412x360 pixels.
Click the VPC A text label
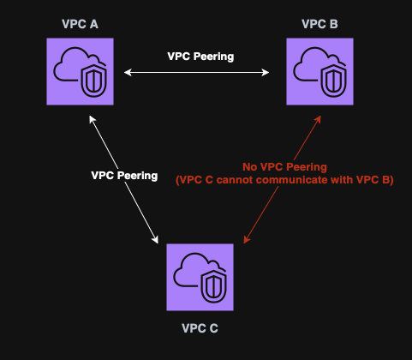click(80, 23)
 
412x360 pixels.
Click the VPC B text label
click(319, 23)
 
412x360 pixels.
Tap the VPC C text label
click(200, 327)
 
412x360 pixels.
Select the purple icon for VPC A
click(80, 73)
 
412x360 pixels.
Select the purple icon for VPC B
click(319, 73)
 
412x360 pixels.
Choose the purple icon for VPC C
click(200, 277)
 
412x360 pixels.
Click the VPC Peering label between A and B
click(200, 55)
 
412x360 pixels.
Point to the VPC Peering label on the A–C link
click(124, 175)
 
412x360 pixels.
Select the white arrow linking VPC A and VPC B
click(197, 73)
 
